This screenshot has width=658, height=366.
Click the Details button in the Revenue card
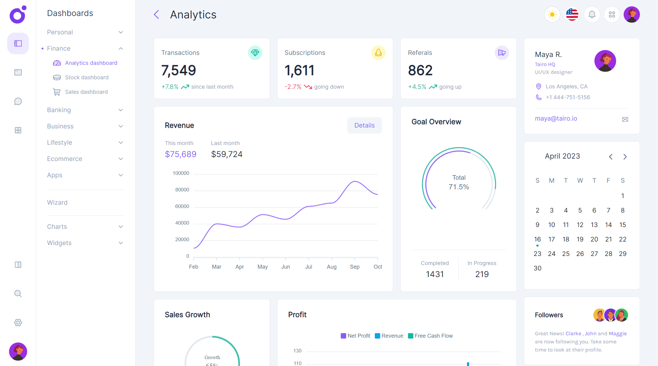(364, 125)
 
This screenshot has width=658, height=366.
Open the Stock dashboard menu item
(86, 77)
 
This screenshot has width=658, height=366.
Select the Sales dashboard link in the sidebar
(86, 92)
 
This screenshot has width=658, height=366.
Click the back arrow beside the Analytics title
(156, 14)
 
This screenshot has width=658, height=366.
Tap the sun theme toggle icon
(552, 14)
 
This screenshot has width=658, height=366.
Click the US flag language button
(572, 14)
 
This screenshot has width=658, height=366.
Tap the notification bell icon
(592, 14)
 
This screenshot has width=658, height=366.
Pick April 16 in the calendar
(537, 239)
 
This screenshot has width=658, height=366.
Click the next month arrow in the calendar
(625, 157)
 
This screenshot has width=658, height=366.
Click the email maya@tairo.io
(556, 118)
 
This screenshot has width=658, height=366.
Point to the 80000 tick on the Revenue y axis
(182, 190)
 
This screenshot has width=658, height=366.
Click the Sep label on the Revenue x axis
(355, 267)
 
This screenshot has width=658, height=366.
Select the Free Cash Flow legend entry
(433, 336)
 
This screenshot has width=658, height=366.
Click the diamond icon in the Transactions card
(255, 53)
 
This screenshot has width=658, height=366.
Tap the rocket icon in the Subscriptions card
(378, 53)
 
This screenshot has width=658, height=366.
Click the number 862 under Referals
(420, 71)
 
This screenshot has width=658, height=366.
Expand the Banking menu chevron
(121, 110)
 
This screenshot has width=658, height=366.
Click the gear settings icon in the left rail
(18, 323)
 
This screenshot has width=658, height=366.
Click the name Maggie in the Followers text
(618, 333)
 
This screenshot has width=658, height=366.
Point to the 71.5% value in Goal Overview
(459, 187)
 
